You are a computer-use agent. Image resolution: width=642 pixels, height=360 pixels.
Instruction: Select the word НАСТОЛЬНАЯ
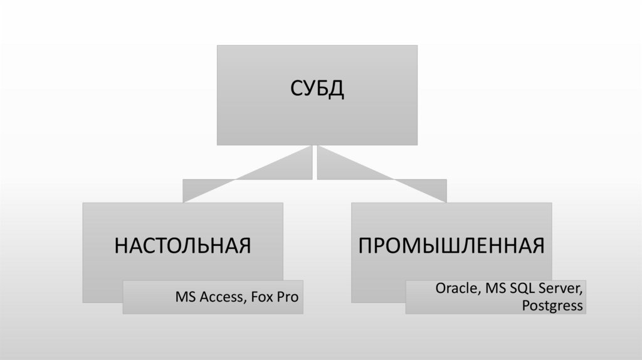tap(182, 245)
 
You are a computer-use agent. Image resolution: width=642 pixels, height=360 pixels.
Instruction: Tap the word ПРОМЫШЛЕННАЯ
tap(451, 245)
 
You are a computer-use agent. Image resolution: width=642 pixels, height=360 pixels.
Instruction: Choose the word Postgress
tap(552, 305)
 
